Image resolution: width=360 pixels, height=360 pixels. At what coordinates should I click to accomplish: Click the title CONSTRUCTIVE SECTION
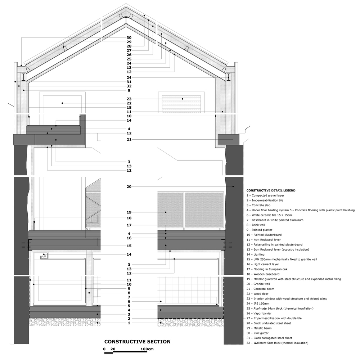pyautogui.click(x=137, y=342)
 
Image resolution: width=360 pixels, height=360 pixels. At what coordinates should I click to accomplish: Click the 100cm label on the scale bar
pyautogui.click(x=147, y=349)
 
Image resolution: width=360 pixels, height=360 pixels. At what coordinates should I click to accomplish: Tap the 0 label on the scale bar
pyautogui.click(x=104, y=349)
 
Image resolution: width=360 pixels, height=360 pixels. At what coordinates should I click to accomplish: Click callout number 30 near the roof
pyautogui.click(x=129, y=38)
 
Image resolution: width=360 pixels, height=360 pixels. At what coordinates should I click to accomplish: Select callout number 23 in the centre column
pyautogui.click(x=129, y=99)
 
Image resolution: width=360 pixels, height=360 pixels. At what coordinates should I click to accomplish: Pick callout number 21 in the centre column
pyautogui.click(x=129, y=139)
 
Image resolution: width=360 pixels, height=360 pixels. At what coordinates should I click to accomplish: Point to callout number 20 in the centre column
pyautogui.click(x=129, y=186)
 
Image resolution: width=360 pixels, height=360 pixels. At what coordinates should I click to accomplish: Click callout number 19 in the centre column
pyautogui.click(x=129, y=212)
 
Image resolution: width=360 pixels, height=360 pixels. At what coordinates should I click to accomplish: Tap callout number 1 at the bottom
pyautogui.click(x=129, y=323)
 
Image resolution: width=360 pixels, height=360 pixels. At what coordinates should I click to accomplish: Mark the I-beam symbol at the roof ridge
pyautogui.click(x=126, y=21)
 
